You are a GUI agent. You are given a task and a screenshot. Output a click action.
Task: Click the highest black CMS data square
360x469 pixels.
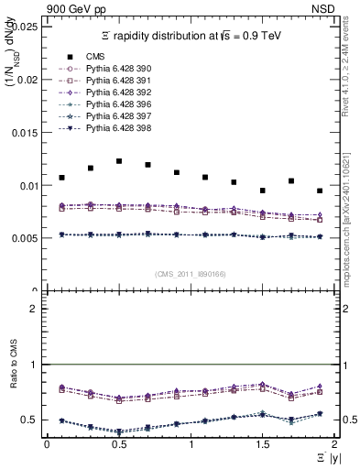(119, 161)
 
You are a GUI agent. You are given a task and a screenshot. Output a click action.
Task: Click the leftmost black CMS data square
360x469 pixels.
(61, 177)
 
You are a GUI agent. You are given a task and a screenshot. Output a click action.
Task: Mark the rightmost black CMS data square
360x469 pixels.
(320, 191)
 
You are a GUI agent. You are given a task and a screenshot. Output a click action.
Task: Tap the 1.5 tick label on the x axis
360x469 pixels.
(262, 444)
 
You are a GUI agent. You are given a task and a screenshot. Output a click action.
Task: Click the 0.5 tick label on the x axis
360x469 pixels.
(118, 444)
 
